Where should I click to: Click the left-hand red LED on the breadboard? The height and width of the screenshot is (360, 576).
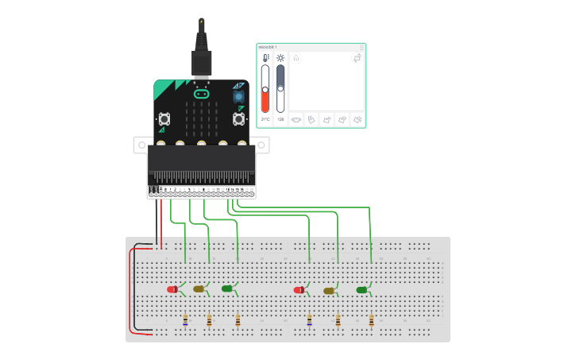pos(172,289)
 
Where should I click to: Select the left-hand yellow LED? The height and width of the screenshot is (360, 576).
pos(199,288)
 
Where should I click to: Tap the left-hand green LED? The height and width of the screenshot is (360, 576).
pos(226,288)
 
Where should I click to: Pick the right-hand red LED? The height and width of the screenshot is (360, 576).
pos(300,290)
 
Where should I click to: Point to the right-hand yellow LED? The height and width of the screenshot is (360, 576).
pos(329,291)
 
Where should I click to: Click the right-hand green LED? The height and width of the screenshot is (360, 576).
pos(362,290)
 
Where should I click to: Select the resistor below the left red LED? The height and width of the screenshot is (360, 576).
pos(185,320)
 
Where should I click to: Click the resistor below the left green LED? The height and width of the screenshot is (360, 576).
pos(238,320)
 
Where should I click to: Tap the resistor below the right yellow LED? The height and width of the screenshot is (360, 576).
pos(338,321)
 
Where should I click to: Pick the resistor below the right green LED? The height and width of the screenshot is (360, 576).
pos(371,321)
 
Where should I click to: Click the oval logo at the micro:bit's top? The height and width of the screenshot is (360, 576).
pos(201,94)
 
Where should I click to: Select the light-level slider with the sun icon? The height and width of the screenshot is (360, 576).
pos(280,88)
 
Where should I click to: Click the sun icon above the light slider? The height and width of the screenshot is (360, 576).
pos(280,58)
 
